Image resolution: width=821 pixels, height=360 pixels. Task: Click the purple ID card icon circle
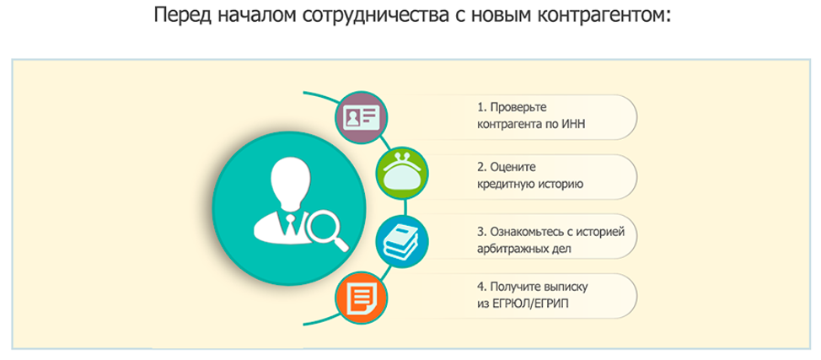(x=361, y=118)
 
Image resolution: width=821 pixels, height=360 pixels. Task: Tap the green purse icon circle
(x=402, y=173)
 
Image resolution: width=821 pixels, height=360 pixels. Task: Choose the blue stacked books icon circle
(x=402, y=242)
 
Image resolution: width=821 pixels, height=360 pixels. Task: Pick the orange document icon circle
(x=361, y=297)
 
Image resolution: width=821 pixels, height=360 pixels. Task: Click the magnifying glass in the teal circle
(x=326, y=228)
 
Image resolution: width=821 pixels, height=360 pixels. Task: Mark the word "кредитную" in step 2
(x=502, y=185)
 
